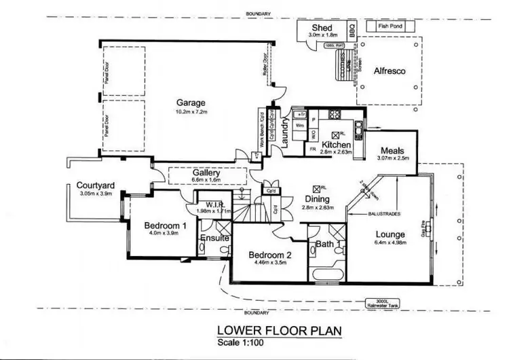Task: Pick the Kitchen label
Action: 336,145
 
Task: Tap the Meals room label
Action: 393,151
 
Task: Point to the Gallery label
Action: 207,173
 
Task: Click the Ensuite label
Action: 214,239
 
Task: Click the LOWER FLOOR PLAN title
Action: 279,331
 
